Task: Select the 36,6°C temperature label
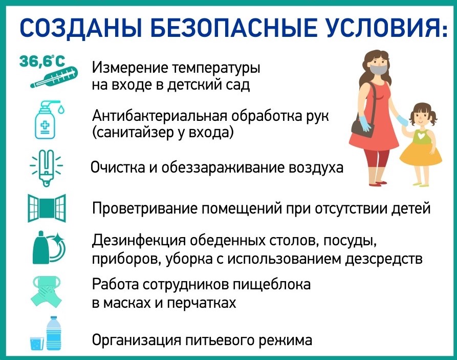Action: coord(43,61)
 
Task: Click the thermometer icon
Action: coord(54,78)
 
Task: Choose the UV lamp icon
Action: coord(47,168)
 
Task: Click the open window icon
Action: coord(47,208)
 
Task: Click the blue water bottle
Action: coord(54,333)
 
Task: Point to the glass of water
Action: coord(37,344)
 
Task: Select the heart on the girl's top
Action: coord(420,136)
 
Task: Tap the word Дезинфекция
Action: coord(139,242)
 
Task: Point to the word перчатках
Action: coord(201,303)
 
